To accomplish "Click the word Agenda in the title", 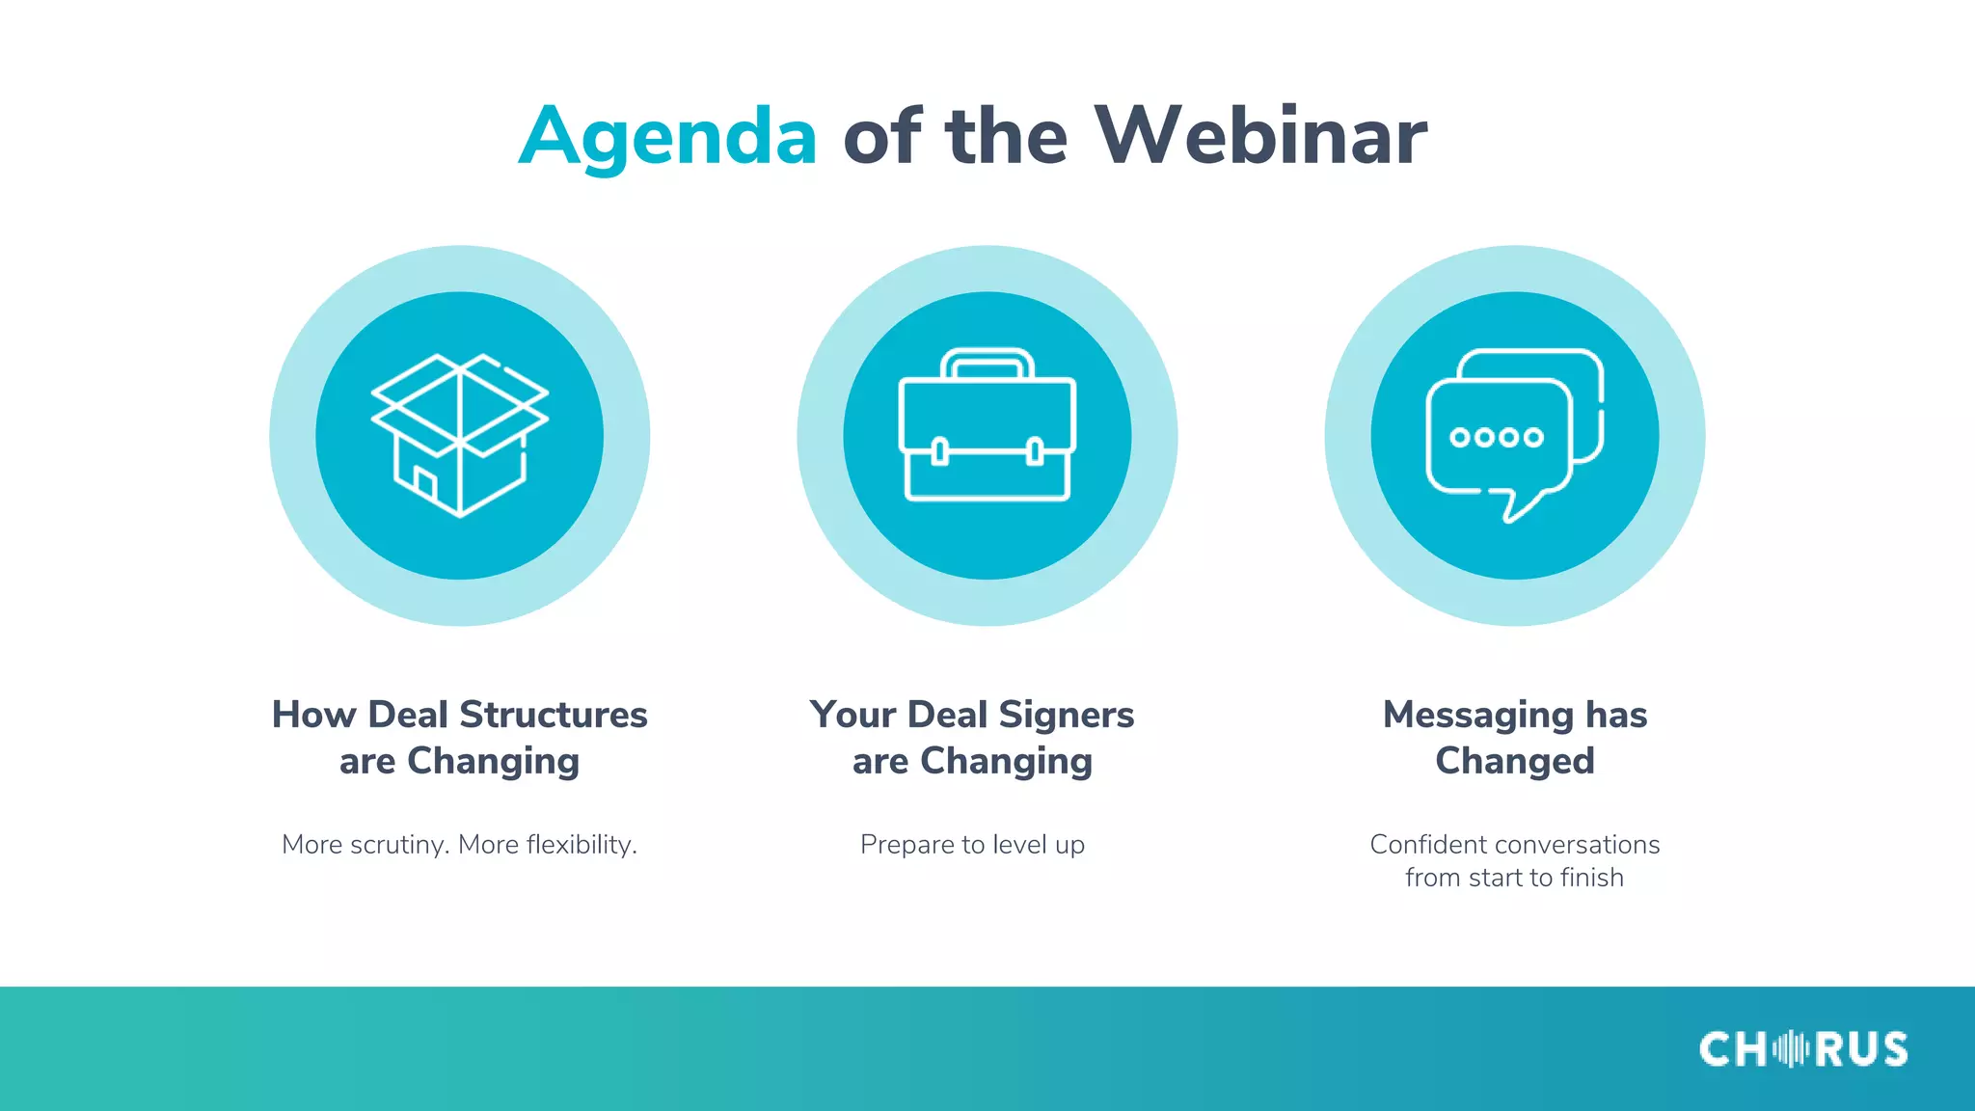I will (x=668, y=137).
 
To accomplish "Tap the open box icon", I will (x=460, y=435).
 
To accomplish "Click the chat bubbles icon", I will (x=1514, y=435).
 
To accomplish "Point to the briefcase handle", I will (x=987, y=363).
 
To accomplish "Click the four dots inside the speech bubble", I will (x=1497, y=437).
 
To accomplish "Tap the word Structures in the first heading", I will (x=554, y=715).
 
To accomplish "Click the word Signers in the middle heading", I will (x=1067, y=715).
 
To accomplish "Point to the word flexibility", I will (x=581, y=845).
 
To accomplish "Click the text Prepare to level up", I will (x=972, y=845).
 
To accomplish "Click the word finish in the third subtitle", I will (x=1592, y=878).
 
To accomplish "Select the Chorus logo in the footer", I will (x=1802, y=1049).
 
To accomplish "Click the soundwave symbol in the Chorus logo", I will (x=1791, y=1049).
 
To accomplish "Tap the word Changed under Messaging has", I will (x=1514, y=761).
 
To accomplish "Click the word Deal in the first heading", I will (x=408, y=715).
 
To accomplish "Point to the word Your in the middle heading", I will (x=853, y=715).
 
